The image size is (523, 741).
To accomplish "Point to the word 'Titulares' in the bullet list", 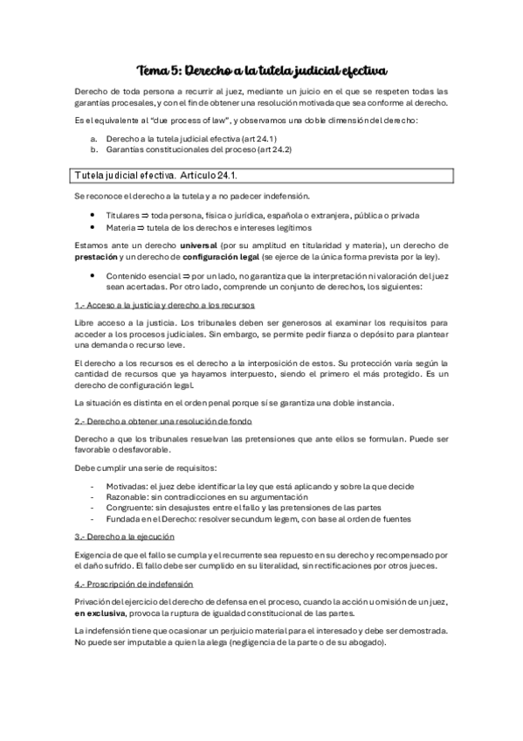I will point(124,215).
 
